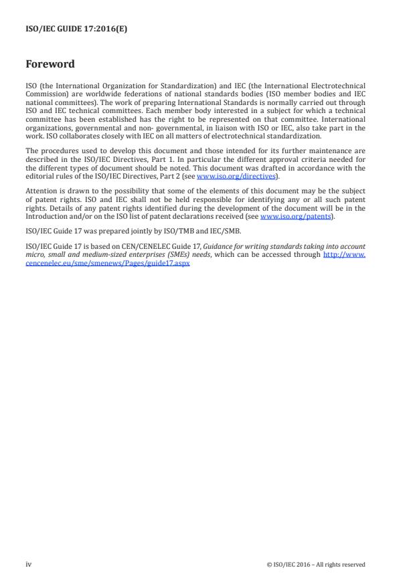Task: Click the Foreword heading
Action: (x=50, y=64)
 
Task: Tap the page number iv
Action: (x=29, y=564)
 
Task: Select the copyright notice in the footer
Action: (x=316, y=565)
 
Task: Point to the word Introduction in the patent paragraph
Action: (x=48, y=216)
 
